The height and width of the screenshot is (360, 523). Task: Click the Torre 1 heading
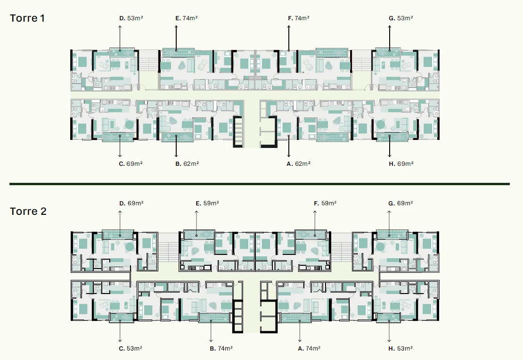[x=27, y=18]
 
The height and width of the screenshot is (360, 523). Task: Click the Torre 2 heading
[x=28, y=211]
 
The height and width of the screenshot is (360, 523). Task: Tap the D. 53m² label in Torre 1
[x=131, y=18]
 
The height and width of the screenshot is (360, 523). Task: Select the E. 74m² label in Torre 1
[x=187, y=18]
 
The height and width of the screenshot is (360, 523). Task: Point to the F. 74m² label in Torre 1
[x=299, y=18]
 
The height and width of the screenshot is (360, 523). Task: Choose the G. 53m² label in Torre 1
[x=401, y=18]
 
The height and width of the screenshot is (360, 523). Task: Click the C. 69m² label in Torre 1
[x=131, y=164]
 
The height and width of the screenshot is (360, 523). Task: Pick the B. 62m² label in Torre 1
[x=187, y=164]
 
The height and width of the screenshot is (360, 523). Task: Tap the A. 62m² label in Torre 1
[x=299, y=164]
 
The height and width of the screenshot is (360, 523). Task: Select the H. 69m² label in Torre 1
[x=401, y=164]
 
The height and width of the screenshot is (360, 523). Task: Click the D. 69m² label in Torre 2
[x=131, y=203]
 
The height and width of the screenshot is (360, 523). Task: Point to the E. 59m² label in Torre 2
[x=207, y=203]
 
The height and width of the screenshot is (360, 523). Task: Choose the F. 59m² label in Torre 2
[x=325, y=203]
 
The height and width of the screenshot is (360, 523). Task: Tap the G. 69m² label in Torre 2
[x=400, y=203]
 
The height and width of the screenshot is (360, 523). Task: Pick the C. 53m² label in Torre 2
[x=131, y=349]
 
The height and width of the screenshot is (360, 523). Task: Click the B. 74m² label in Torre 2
[x=221, y=349]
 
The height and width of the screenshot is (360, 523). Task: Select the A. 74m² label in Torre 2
[x=309, y=349]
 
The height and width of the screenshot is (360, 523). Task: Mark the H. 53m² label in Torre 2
[x=400, y=349]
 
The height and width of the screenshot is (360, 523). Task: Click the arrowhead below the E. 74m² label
[x=176, y=27]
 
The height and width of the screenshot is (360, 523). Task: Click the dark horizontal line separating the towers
[x=260, y=184]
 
